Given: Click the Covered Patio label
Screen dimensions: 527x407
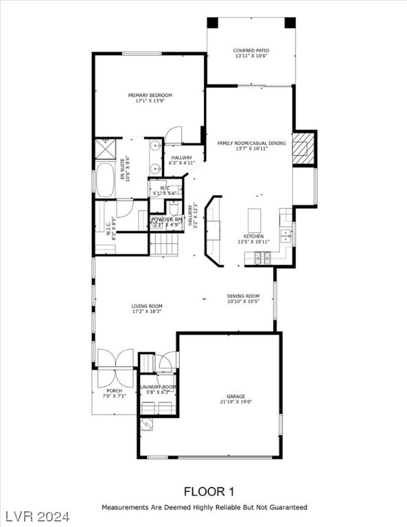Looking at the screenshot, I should coord(251,50).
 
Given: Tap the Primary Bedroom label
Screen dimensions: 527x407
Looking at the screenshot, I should coord(150,95).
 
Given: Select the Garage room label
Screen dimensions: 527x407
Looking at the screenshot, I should coord(236,396).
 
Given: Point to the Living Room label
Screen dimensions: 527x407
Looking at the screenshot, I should coord(147,306).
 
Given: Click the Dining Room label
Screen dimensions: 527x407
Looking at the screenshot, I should coord(244,296).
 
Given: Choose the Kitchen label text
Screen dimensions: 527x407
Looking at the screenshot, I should coord(253,236).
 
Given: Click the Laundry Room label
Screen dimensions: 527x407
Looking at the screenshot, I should coord(159,387).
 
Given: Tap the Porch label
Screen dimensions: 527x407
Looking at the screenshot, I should coord(114,391).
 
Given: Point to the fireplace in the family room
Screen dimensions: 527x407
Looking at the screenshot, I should coord(303,148).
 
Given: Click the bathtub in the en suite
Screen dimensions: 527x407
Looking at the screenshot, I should coord(106,180).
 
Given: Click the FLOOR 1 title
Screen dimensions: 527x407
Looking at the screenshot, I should coord(209,491).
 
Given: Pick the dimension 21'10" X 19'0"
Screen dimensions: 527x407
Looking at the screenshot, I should coord(236,402).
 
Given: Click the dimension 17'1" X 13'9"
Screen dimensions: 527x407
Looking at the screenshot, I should coord(150,101).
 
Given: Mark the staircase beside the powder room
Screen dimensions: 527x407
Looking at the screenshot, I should coord(165,244).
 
